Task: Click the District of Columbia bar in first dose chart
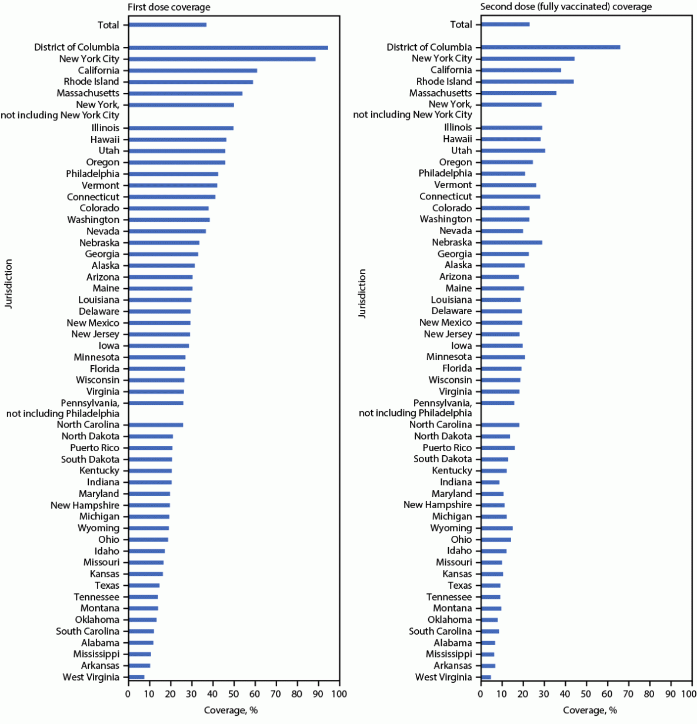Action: [x=228, y=48]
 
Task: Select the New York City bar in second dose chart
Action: [x=528, y=58]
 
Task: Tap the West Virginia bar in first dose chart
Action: [x=136, y=677]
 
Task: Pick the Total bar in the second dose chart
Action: [x=505, y=24]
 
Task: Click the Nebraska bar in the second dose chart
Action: [x=512, y=242]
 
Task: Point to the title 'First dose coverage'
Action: [x=169, y=7]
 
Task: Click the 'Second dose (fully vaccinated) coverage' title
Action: [x=566, y=7]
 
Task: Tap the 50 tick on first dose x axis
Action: [x=234, y=694]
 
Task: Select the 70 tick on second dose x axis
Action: [x=629, y=694]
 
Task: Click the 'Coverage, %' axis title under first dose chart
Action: [x=231, y=710]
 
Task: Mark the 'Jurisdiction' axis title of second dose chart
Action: [x=362, y=293]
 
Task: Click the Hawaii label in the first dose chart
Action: [x=105, y=139]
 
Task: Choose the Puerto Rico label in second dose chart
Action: [x=447, y=448]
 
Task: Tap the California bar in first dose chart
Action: [x=192, y=71]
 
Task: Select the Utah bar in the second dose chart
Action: [x=513, y=151]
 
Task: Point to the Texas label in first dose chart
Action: [x=106, y=585]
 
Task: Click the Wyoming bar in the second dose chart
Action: [x=497, y=528]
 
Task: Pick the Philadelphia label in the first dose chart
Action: [x=92, y=174]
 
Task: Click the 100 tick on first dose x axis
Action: [x=339, y=694]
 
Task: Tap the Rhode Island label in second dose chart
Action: [x=444, y=81]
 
